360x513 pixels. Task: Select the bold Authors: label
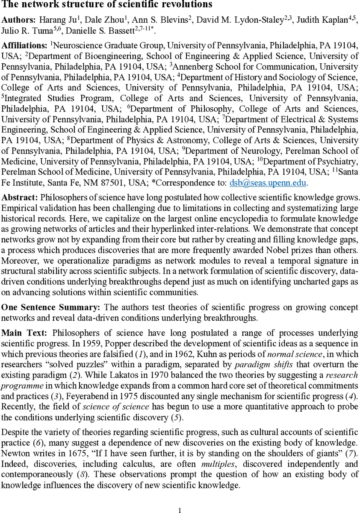point(18,20)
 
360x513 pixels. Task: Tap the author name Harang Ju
point(53,20)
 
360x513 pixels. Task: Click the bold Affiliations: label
point(24,45)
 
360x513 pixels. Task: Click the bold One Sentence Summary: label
point(50,308)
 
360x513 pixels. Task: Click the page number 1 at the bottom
point(180,510)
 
